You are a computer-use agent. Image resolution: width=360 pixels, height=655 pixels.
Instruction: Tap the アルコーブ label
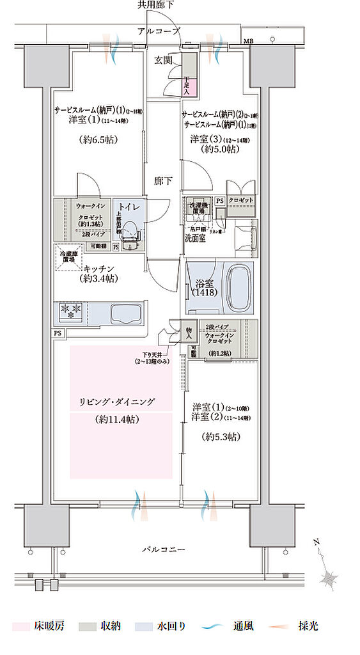(159, 31)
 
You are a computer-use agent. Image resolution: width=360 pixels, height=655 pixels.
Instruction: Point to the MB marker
(247, 42)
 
